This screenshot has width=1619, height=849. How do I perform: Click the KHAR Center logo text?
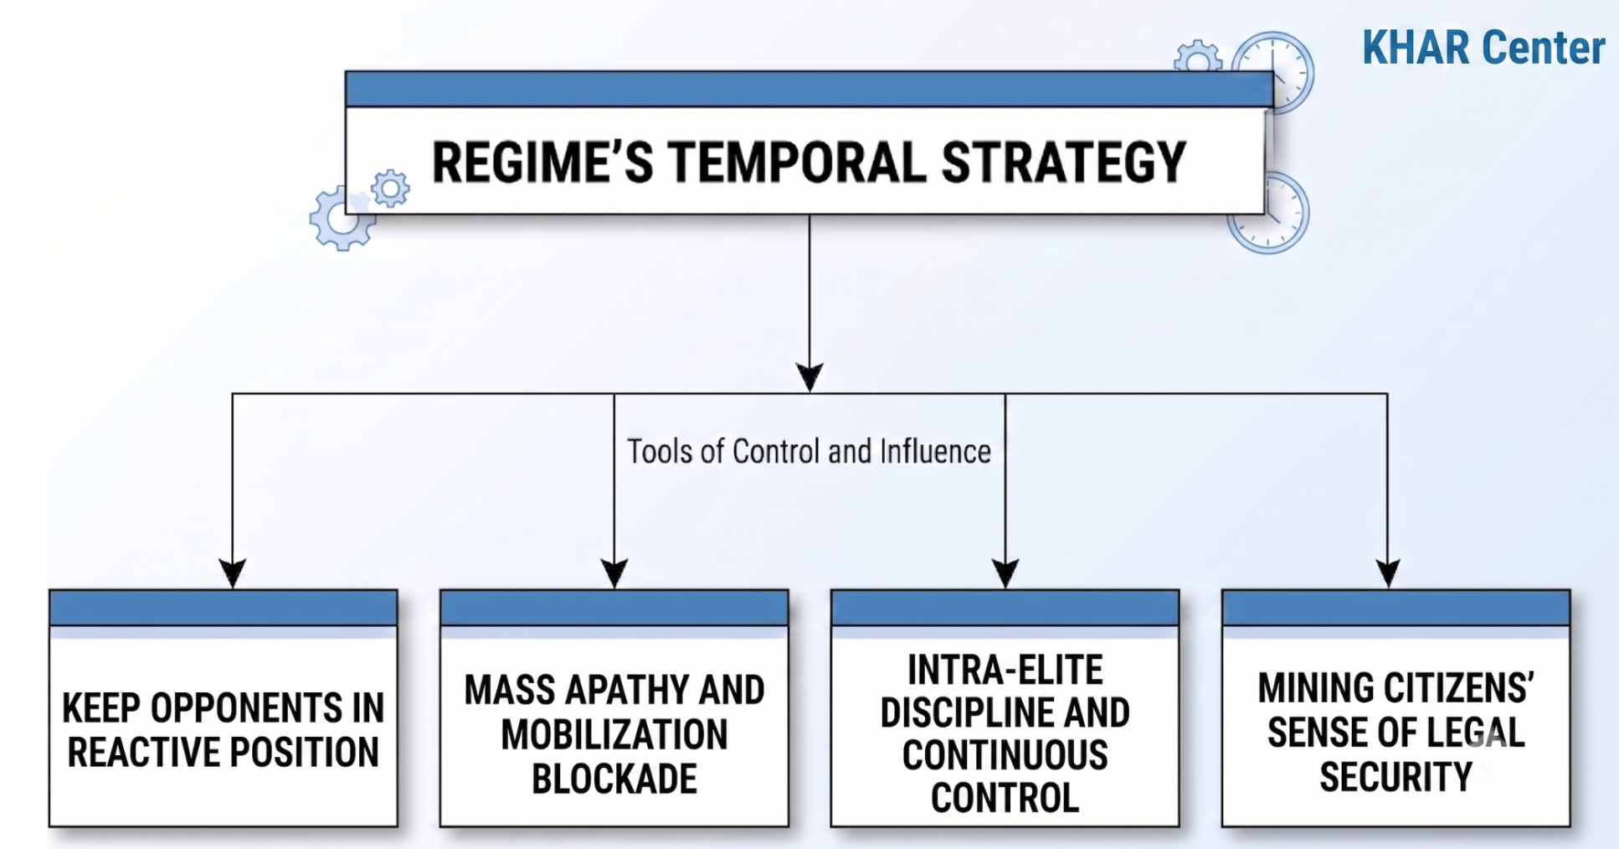1483,47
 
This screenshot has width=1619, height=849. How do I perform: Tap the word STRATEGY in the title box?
1063,162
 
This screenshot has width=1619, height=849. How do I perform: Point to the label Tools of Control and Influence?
809,451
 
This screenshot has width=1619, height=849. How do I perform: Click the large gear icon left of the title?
342,218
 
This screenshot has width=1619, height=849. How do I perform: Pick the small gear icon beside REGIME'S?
390,188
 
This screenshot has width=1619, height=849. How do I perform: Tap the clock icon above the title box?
1272,71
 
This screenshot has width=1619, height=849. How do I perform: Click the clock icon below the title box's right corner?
1269,214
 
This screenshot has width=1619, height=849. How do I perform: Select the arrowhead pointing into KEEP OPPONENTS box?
232,574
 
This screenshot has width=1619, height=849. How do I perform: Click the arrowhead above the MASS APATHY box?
614,574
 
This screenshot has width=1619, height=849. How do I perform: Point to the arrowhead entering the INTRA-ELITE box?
1005,574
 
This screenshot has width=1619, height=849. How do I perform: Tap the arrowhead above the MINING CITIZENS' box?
1388,574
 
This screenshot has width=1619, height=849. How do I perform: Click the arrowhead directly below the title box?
809,377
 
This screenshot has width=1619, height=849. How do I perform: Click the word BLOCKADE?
614,779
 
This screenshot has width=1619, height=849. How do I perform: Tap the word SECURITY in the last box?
1396,777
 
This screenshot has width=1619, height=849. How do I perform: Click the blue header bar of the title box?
809,90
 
